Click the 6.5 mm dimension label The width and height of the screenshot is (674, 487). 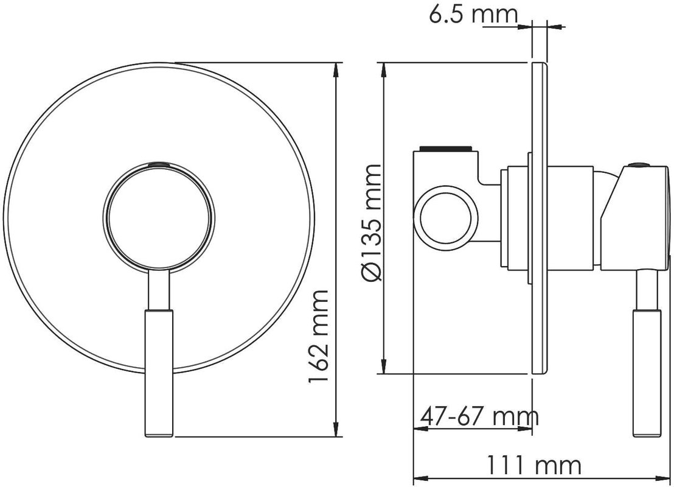(x=473, y=14)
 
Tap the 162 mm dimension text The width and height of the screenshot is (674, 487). (x=319, y=337)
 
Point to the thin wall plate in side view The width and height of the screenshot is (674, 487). (x=540, y=218)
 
